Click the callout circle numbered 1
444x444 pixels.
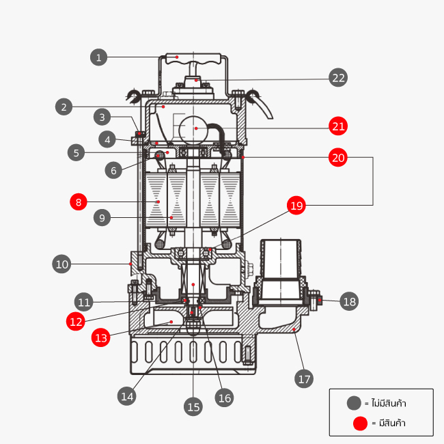(x=99, y=57)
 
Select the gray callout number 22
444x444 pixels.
(x=338, y=77)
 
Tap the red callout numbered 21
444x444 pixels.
(x=338, y=126)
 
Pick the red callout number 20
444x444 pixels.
(x=338, y=157)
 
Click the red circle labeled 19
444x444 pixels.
(x=296, y=206)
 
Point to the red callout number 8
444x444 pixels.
(x=79, y=202)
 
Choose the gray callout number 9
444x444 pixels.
(x=102, y=218)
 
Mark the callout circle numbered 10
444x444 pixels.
(x=62, y=264)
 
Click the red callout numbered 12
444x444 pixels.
(x=76, y=320)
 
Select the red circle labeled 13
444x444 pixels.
(x=100, y=337)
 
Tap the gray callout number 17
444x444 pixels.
(x=303, y=378)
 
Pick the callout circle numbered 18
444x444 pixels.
(x=349, y=301)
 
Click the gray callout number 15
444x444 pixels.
(x=193, y=406)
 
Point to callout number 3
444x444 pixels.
(x=102, y=117)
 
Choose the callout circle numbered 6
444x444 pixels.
(x=114, y=170)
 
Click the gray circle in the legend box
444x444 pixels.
(x=353, y=403)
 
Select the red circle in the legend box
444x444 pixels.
(x=360, y=424)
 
